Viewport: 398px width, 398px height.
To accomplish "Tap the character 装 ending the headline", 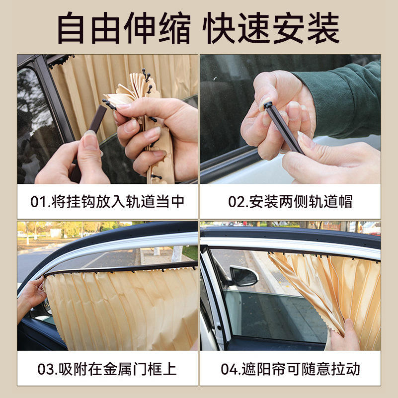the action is (x=323, y=28).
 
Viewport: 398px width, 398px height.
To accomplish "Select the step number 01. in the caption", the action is (x=41, y=202).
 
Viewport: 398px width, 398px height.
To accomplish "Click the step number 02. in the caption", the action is (x=238, y=202).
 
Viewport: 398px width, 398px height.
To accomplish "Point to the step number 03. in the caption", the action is (x=48, y=369).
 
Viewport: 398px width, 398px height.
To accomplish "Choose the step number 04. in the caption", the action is (x=231, y=369).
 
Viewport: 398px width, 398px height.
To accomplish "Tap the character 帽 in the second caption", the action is (x=345, y=202).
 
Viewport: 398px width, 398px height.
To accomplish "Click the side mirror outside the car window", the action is (x=243, y=276).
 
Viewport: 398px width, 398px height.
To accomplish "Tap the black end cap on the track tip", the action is (x=268, y=104).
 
